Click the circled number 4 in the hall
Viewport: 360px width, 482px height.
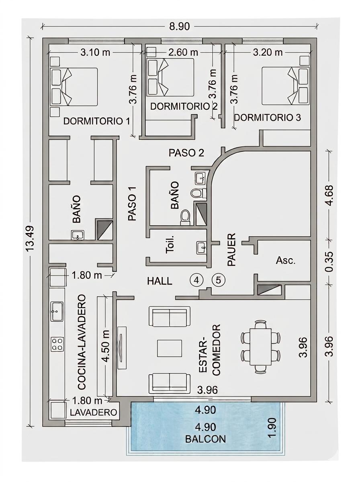point(196,280)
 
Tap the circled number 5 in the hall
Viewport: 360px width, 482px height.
point(219,280)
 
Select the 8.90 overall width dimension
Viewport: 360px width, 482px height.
point(179,27)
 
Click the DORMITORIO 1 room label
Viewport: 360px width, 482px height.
point(97,121)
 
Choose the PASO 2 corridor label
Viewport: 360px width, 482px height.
point(186,153)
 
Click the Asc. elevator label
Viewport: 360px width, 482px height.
point(286,261)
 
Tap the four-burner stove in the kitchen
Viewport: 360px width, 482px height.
point(57,344)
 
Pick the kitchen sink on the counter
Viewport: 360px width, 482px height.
point(57,311)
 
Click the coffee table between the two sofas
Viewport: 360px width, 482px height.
point(170,348)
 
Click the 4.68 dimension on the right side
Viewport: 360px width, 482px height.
point(330,196)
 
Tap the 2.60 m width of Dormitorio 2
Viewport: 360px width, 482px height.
point(183,52)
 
